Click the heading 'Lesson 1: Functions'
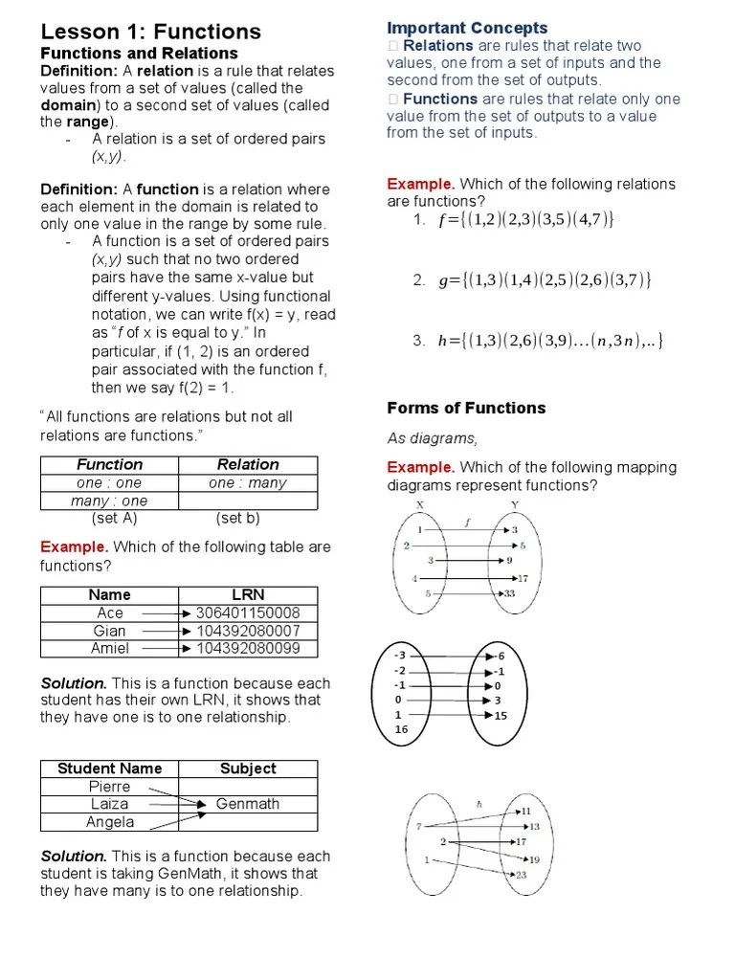click(150, 32)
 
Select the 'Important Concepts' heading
click(467, 28)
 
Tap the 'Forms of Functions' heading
click(466, 408)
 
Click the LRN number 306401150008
click(248, 612)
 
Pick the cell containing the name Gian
click(110, 631)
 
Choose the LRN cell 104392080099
click(248, 649)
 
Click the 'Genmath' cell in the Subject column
click(248, 804)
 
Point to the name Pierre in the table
click(110, 786)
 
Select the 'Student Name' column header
click(110, 768)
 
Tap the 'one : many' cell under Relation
click(248, 482)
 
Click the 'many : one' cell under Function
click(110, 501)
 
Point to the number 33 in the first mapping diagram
click(508, 593)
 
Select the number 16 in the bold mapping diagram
click(401, 729)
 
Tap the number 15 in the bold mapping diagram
click(501, 715)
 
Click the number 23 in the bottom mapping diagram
click(521, 875)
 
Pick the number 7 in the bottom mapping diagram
click(418, 825)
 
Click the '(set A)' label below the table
click(115, 518)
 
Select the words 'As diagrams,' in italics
click(432, 438)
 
